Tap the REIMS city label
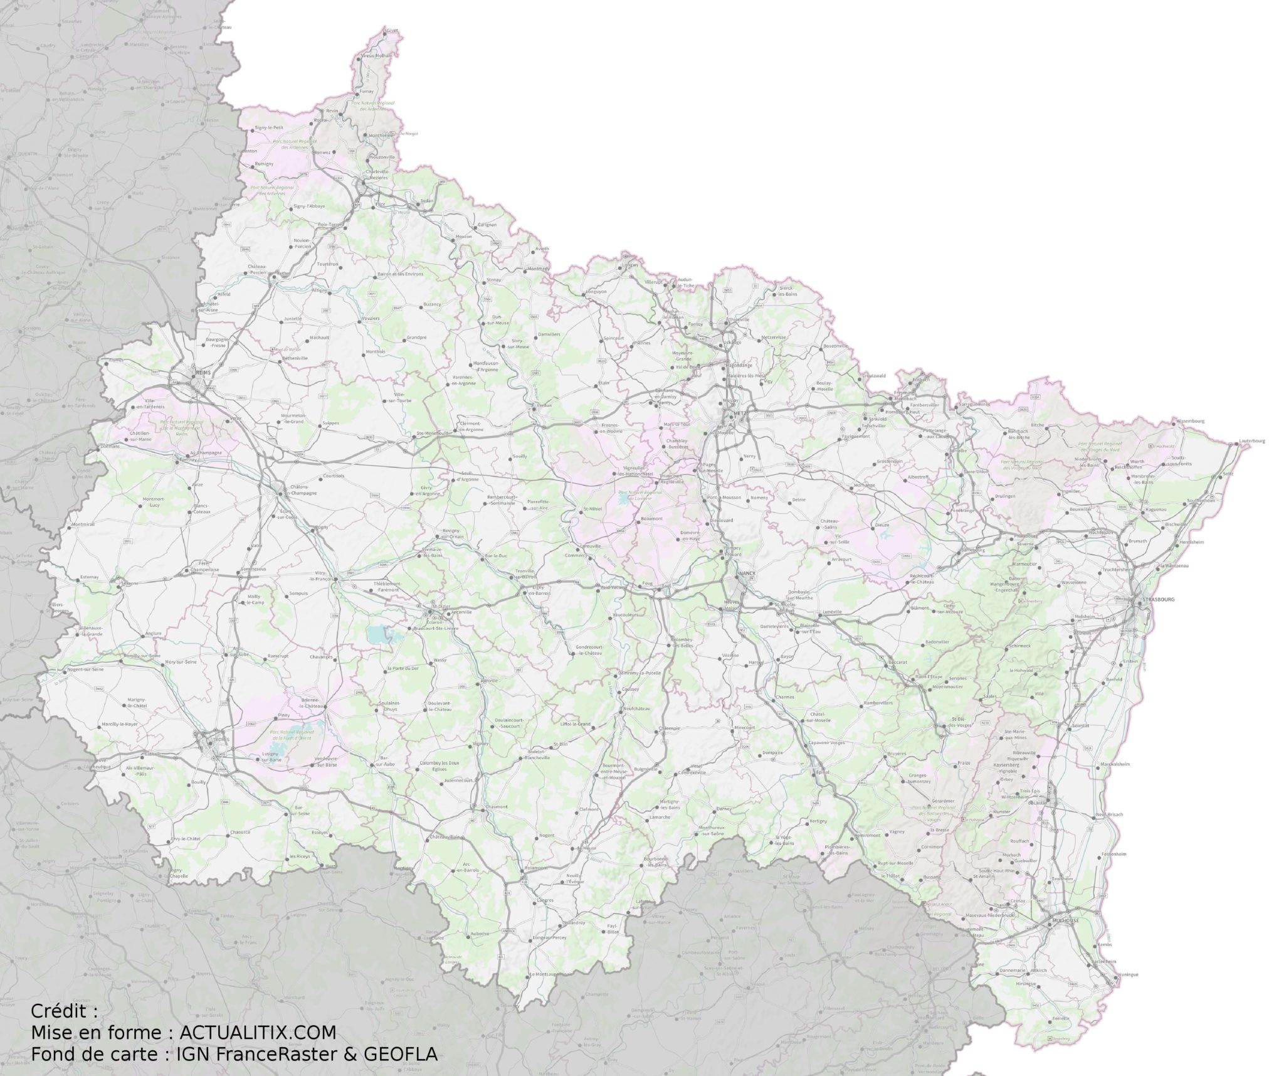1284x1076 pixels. click(x=204, y=372)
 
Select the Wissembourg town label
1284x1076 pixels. click(x=1189, y=421)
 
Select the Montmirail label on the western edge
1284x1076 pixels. click(x=83, y=525)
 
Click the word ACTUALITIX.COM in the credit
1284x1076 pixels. click(x=258, y=1032)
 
